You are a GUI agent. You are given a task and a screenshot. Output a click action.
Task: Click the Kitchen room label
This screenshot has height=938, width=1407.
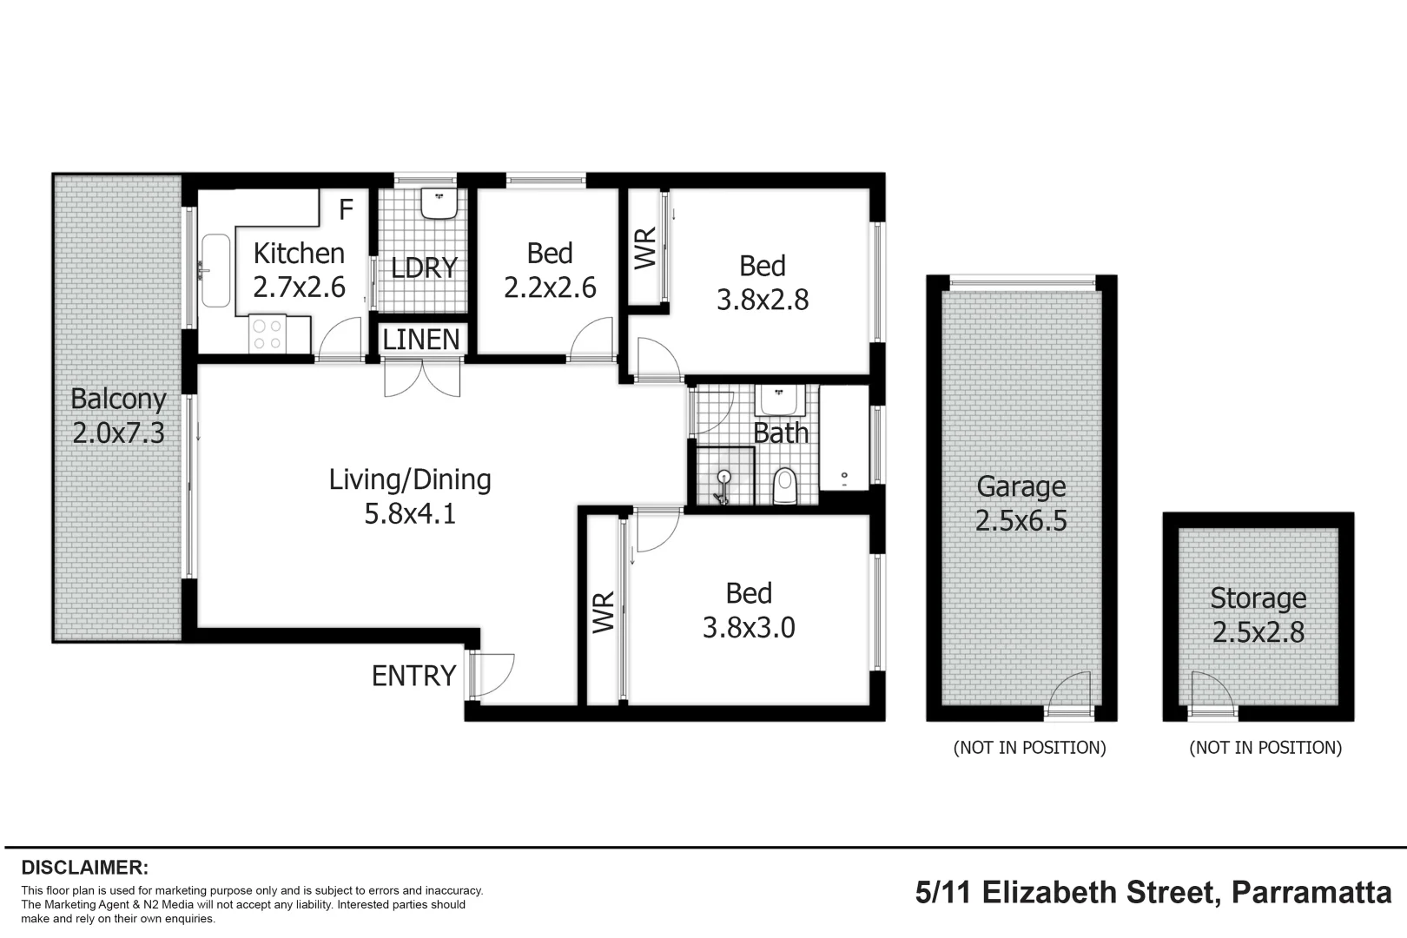[299, 254]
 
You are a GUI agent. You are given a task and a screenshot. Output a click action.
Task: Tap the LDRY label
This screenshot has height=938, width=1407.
[424, 268]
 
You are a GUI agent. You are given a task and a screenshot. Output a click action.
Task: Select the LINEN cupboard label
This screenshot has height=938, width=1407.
[421, 340]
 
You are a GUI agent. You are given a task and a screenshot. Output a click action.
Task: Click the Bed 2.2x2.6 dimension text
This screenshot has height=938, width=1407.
[550, 287]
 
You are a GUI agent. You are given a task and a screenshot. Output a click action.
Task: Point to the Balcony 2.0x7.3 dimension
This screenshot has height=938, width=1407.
[118, 433]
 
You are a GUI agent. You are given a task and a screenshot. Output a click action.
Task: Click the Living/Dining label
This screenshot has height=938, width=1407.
[410, 479]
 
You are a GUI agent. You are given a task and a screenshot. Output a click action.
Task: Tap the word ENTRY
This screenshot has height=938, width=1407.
[413, 676]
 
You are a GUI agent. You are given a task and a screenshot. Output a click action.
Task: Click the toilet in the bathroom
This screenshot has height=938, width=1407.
[785, 486]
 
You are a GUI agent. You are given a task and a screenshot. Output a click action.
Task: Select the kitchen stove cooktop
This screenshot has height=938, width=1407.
[266, 335]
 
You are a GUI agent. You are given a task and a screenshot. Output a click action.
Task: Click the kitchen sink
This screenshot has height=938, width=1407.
[215, 270]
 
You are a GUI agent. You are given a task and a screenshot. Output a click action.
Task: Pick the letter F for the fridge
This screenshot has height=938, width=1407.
[346, 209]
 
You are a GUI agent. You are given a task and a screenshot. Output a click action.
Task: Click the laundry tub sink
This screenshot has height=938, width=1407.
[439, 204]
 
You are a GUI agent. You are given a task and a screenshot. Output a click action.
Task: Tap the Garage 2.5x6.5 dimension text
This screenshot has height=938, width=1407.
[1021, 521]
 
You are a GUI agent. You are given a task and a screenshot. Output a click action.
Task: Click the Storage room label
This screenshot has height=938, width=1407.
[1258, 598]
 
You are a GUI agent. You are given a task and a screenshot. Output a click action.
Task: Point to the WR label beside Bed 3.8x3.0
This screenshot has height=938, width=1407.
[604, 612]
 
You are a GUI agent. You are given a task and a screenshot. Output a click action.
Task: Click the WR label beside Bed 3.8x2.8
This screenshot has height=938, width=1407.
[644, 248]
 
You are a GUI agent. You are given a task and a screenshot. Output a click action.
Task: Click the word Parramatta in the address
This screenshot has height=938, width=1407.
[1311, 893]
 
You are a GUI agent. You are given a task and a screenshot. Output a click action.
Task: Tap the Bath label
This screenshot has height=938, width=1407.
[781, 433]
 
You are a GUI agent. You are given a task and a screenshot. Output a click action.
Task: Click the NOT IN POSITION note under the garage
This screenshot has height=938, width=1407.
[1029, 748]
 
